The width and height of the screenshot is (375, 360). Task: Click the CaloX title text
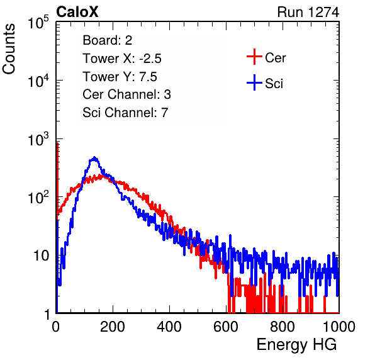pos(77,12)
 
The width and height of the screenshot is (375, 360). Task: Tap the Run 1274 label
pos(308,12)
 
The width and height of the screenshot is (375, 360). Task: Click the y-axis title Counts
pos(9,49)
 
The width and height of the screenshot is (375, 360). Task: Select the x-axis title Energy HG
pos(296,345)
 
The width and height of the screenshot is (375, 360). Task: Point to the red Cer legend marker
pos(254,57)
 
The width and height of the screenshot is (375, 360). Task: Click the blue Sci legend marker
pos(254,82)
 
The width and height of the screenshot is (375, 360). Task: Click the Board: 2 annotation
pos(108,40)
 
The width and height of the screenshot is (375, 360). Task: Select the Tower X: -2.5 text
pos(122,59)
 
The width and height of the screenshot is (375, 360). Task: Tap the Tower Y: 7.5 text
pos(120,77)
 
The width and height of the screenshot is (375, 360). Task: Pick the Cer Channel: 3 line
pos(126,94)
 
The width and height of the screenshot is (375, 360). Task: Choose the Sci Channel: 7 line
pos(125,113)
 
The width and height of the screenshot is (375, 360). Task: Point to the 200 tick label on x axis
pos(113,327)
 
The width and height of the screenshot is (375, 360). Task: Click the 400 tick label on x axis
pos(169,327)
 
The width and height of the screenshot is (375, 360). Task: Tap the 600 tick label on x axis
pos(226,327)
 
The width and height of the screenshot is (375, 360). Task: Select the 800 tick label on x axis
pos(283,327)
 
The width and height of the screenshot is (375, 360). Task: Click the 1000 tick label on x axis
pos(339,327)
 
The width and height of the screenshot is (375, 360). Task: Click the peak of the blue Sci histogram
pos(94,157)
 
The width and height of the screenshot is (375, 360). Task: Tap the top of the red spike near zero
pos(57,143)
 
